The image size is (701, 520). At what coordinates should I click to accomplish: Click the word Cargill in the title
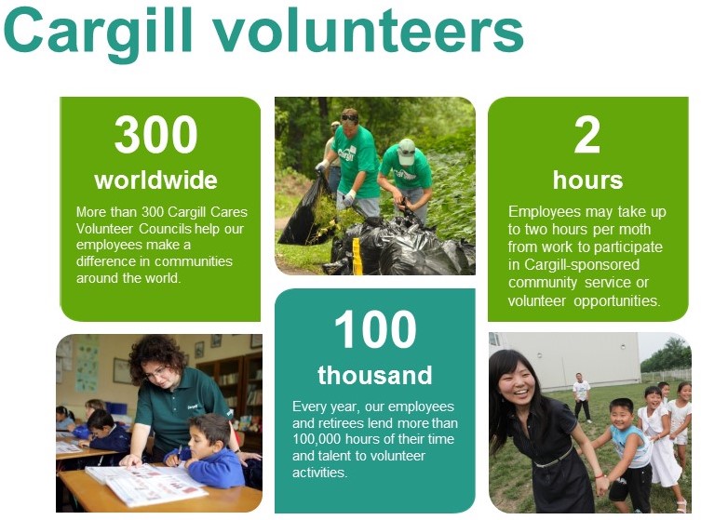99,33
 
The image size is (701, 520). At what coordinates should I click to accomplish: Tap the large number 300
155,135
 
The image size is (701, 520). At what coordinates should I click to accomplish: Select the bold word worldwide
155,180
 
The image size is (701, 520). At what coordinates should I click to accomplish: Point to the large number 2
586,135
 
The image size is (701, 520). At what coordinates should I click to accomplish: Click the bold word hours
587,180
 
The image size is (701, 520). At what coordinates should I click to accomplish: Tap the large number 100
375,329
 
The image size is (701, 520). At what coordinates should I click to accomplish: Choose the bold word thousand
375,375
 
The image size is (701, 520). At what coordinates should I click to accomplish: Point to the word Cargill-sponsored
582,264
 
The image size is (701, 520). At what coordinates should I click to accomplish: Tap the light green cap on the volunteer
406,151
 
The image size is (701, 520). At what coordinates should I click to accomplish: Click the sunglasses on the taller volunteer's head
350,118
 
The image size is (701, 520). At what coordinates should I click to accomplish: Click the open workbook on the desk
147,484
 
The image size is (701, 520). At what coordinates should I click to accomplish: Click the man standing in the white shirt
582,397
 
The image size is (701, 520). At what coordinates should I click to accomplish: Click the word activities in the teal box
319,473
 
